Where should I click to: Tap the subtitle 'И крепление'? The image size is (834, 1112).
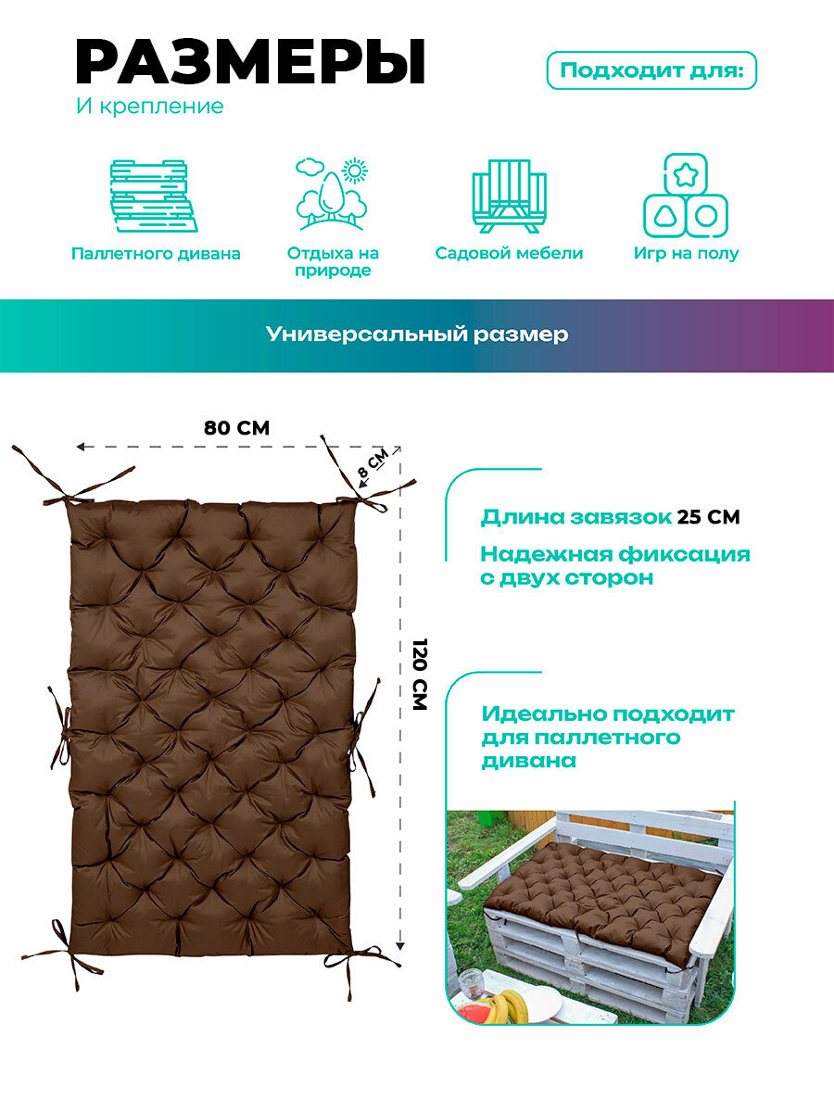click(x=149, y=107)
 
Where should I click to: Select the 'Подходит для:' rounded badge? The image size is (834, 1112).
click(x=651, y=70)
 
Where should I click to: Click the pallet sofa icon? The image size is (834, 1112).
click(x=155, y=196)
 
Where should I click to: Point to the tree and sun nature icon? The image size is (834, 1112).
click(x=331, y=194)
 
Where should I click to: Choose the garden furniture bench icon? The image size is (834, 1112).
click(x=509, y=196)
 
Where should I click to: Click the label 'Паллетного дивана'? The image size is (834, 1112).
click(x=156, y=254)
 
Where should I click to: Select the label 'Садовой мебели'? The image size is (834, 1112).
click(x=509, y=253)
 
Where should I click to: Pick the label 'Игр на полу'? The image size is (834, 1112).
click(x=686, y=253)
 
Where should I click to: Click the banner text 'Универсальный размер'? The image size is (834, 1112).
click(x=417, y=335)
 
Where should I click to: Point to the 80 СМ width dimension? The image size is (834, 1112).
click(x=236, y=428)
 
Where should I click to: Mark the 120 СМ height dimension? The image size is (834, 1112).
click(x=419, y=675)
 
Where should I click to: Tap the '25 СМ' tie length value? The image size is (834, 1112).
click(x=708, y=517)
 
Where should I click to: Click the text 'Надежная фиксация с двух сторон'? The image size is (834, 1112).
click(x=614, y=566)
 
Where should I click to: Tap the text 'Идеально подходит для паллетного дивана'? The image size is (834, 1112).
click(x=607, y=738)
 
